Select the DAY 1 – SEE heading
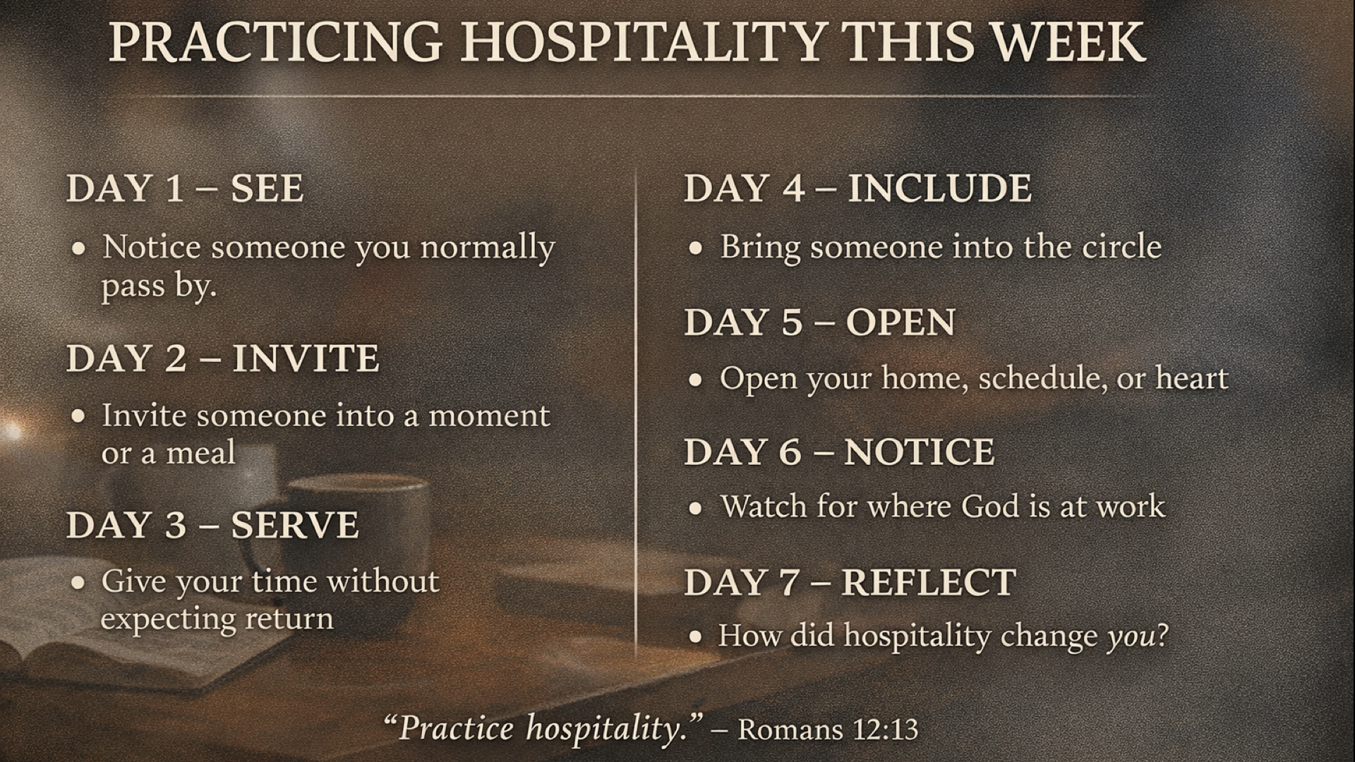click(x=185, y=188)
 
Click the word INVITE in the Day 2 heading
click(x=306, y=358)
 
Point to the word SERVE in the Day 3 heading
click(x=295, y=525)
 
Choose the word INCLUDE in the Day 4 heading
click(x=939, y=188)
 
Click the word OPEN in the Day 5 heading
click(x=901, y=322)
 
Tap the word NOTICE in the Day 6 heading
click(x=920, y=452)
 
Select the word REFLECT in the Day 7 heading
click(x=929, y=583)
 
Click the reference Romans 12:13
click(x=829, y=729)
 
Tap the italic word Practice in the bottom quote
click(x=456, y=728)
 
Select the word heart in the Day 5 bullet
click(x=1192, y=378)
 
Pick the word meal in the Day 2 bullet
click(x=200, y=452)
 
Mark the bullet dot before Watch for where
click(x=697, y=508)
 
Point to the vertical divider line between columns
click(x=637, y=413)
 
